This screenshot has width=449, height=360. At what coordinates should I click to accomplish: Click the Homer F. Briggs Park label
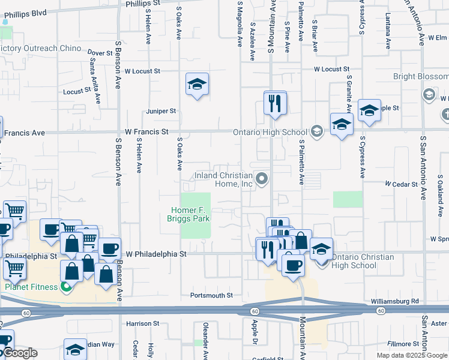coord(190,214)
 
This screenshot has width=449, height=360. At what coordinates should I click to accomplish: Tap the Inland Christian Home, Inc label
coord(223,179)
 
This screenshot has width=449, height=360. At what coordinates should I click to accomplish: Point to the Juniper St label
coord(161,111)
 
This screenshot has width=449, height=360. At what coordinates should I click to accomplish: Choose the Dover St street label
coord(100,53)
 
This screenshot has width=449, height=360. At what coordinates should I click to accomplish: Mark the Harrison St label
coord(142,323)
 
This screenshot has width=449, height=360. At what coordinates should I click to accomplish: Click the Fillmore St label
coord(403,344)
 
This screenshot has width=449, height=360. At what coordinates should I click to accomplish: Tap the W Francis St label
coord(145,131)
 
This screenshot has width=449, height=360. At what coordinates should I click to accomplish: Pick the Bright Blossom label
coord(420,77)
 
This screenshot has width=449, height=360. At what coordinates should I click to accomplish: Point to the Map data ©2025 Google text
coord(412,355)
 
